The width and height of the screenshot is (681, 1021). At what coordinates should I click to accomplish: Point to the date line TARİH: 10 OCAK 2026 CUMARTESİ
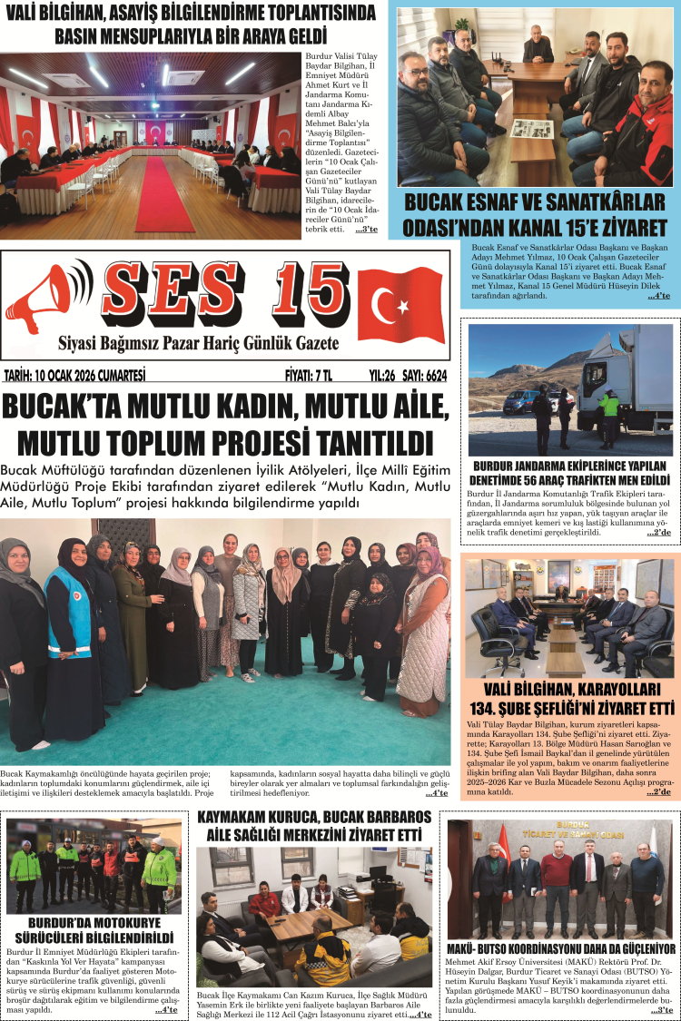(75, 374)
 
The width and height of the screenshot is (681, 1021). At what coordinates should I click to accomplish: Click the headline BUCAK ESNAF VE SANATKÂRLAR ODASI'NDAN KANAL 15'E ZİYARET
(535, 214)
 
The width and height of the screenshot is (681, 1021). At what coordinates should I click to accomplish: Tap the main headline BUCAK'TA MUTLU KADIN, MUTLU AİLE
(226, 408)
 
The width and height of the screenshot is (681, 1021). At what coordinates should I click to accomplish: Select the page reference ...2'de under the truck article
(658, 533)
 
